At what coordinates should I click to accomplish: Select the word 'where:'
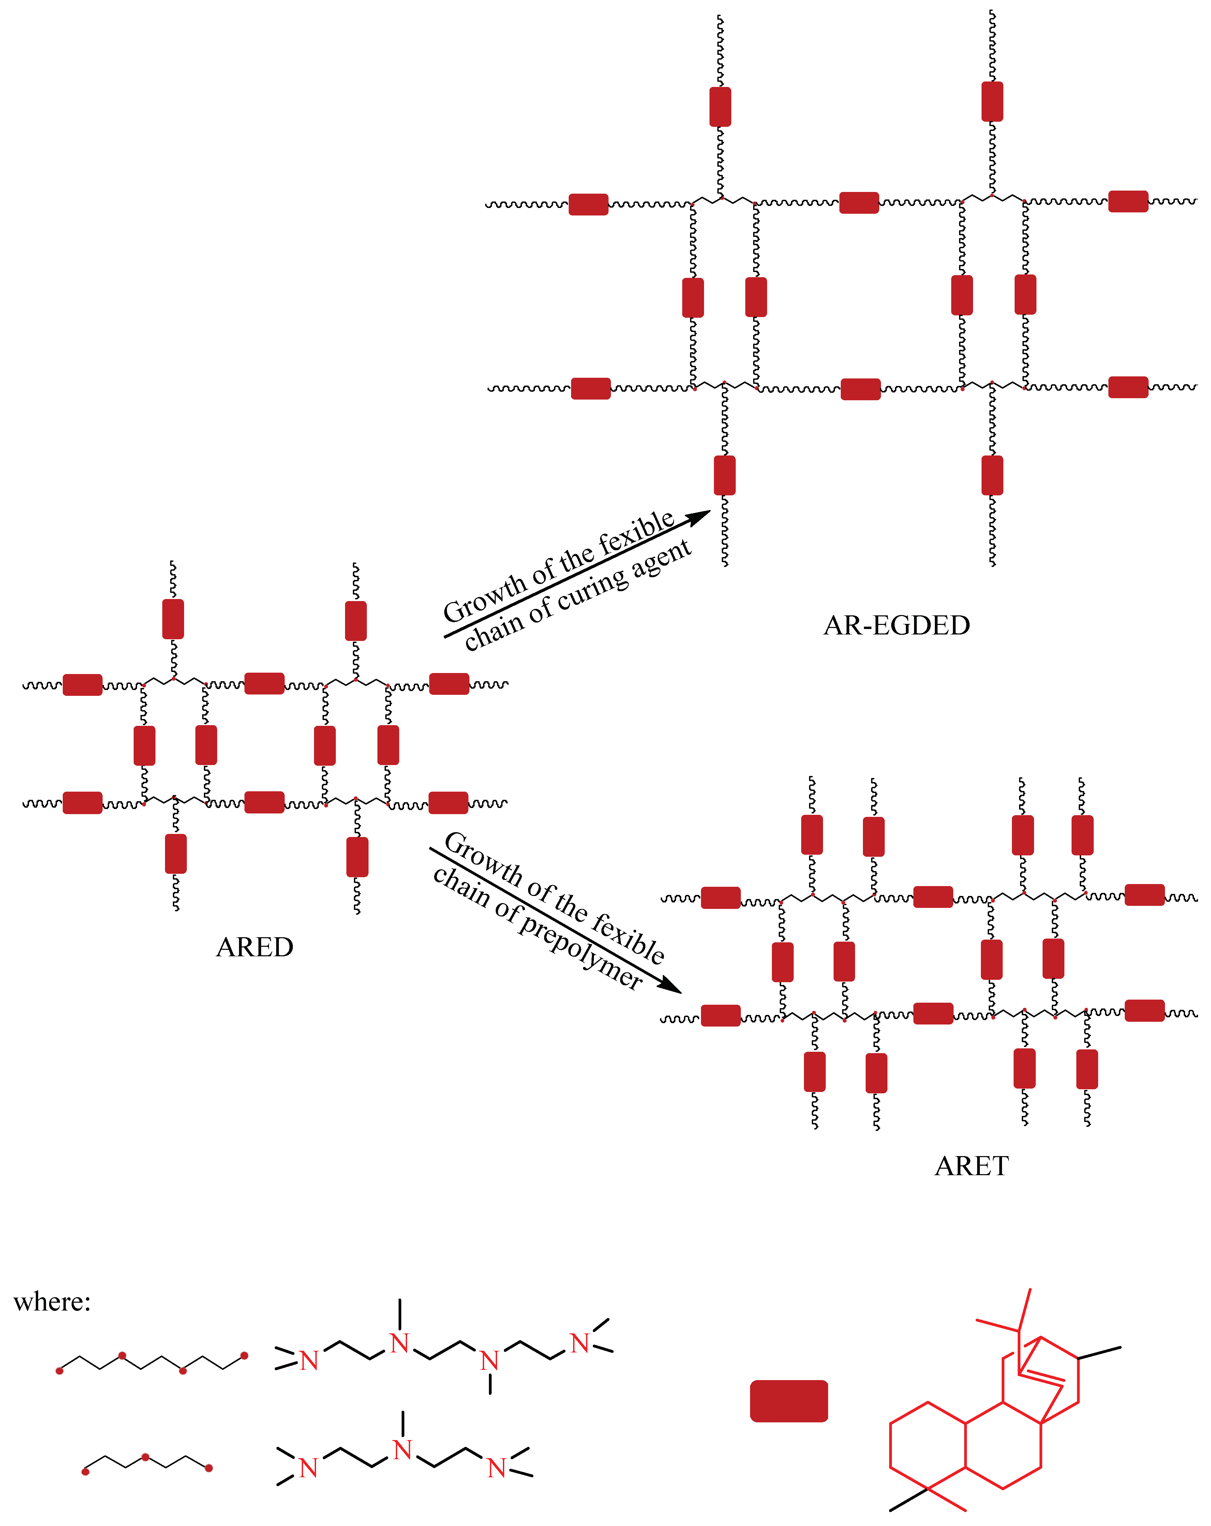pyautogui.click(x=52, y=1302)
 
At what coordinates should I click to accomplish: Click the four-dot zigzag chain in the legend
pyautogui.click(x=152, y=1362)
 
